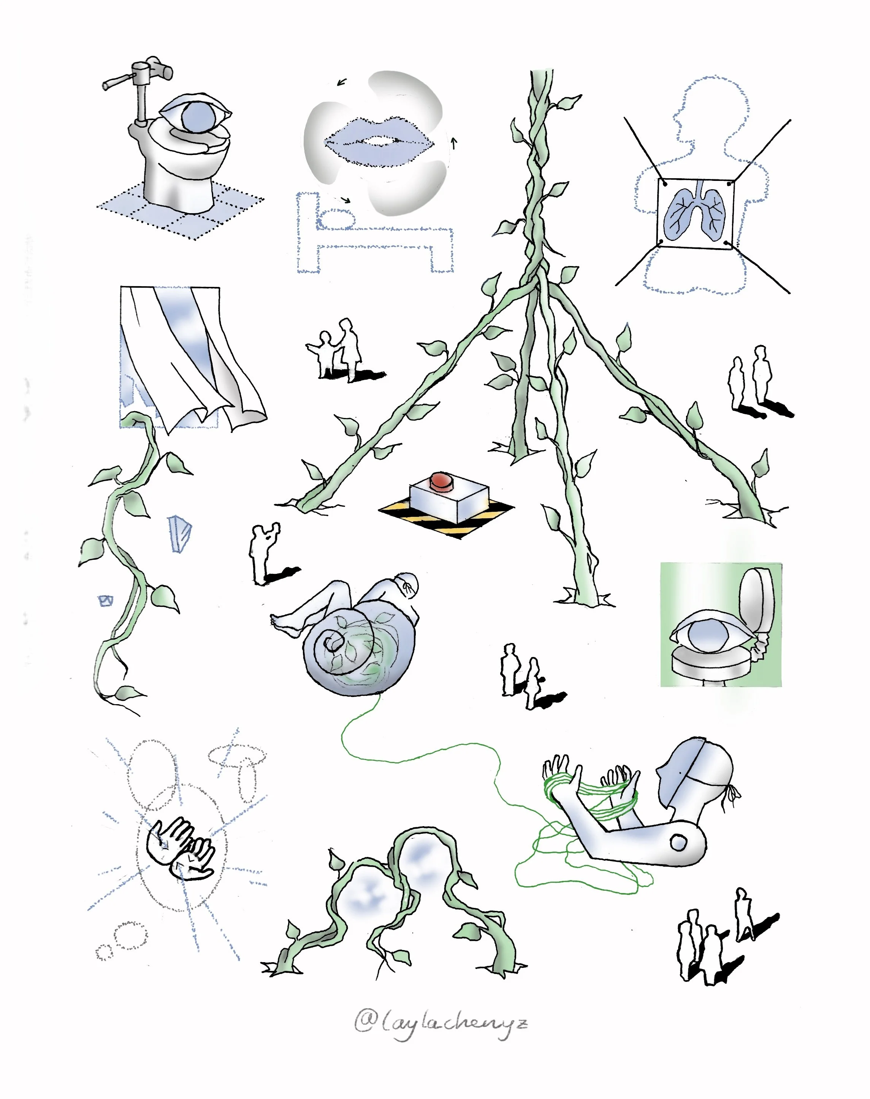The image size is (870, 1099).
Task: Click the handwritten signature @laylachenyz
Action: pos(441,1023)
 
